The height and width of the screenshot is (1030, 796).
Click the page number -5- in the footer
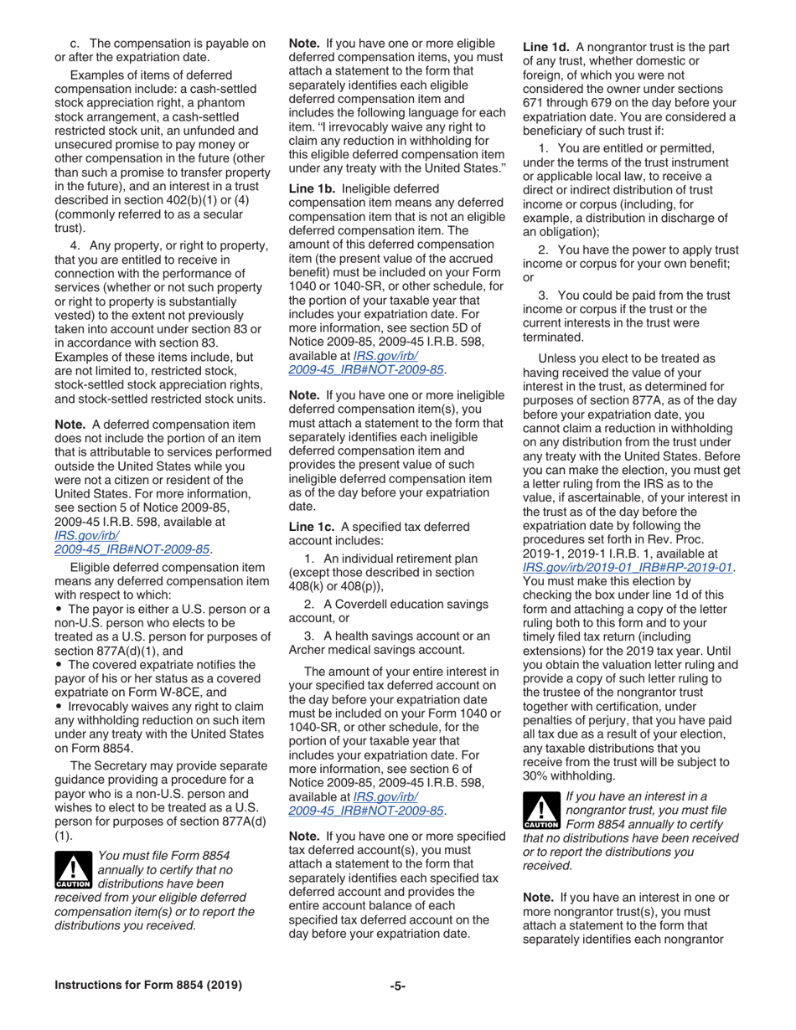[x=398, y=986]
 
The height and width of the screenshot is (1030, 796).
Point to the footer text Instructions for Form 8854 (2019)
[x=148, y=986]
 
